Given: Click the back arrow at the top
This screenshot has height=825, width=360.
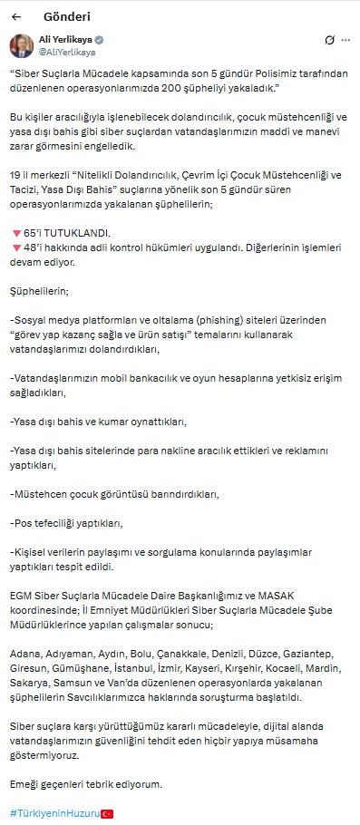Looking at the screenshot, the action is click(x=16, y=16).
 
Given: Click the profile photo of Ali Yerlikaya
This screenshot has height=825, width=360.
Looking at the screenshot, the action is click(x=22, y=46).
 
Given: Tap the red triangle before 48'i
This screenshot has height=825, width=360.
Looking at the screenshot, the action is click(x=15, y=247).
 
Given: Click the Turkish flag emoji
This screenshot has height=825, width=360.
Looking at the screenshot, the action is click(x=107, y=813).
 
